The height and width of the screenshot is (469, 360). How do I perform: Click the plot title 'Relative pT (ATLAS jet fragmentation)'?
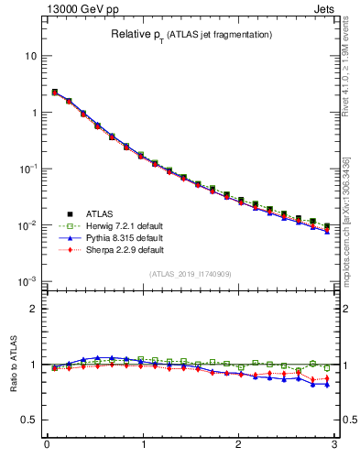pyautogui.click(x=191, y=34)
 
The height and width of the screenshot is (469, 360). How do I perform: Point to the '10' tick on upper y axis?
pyautogui.click(x=31, y=56)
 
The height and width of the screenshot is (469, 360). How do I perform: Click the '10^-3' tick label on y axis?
pyautogui.click(x=27, y=281)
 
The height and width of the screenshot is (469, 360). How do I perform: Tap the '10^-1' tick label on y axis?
pyautogui.click(x=27, y=169)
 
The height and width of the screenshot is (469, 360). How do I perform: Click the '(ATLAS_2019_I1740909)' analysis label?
pyautogui.click(x=191, y=273)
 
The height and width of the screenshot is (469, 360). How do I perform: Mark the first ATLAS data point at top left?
pyautogui.click(x=55, y=93)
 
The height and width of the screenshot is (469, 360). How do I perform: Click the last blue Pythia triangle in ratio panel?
pyautogui.click(x=327, y=385)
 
